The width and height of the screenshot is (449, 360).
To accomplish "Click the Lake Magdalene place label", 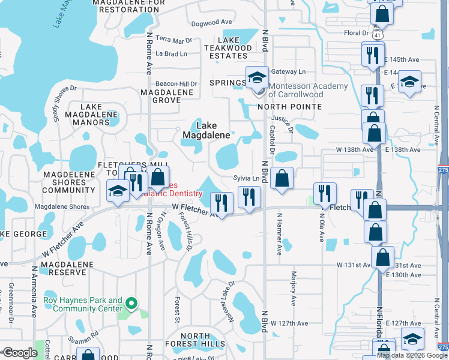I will (206, 130).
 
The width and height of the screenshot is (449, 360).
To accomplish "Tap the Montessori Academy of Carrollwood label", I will (308, 90).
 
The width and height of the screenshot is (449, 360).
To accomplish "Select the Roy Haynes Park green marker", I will (136, 304).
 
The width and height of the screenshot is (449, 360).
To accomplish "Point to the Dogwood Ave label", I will (206, 24).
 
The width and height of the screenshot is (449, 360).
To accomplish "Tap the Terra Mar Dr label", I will (173, 40).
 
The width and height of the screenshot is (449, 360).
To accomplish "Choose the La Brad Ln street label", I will (171, 53).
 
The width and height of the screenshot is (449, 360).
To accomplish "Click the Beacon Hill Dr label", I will (176, 83).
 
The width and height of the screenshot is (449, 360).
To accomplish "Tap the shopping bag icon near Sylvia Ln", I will (282, 178).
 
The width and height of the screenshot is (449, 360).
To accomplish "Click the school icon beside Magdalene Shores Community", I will (118, 191).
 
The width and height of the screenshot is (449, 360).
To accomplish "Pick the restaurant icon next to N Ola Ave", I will (325, 193).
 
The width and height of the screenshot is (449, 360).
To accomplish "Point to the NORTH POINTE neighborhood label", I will (290, 107).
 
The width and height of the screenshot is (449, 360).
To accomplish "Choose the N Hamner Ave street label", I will (279, 235).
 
